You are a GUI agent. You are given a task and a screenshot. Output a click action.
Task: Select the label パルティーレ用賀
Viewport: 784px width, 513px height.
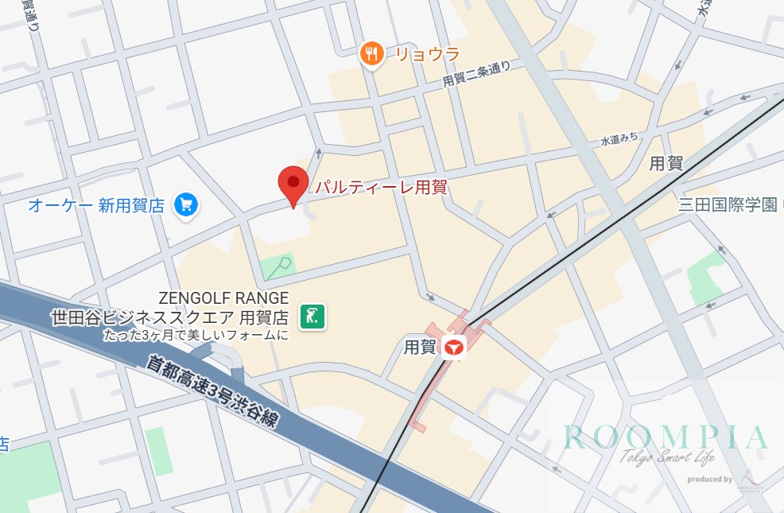[x=381, y=188]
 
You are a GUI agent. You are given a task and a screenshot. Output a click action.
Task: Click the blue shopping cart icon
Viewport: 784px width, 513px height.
[x=187, y=205]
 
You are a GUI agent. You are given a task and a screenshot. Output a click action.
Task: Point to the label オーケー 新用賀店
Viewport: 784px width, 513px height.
[x=96, y=206]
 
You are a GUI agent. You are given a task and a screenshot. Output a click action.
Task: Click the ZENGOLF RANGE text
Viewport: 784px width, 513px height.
[x=223, y=298]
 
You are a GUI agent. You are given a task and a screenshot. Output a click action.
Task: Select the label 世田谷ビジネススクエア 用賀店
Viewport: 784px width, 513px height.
[x=169, y=317]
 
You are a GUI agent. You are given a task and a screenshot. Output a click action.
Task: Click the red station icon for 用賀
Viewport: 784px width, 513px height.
[x=454, y=348]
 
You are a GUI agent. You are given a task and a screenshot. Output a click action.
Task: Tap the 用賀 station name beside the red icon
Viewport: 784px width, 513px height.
[x=421, y=348]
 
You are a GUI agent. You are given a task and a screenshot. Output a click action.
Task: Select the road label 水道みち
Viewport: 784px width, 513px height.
[x=619, y=139]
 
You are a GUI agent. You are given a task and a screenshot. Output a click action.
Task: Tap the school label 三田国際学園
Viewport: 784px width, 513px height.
[x=727, y=204]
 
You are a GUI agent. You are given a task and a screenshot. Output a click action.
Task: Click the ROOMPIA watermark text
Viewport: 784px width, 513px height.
[x=666, y=437]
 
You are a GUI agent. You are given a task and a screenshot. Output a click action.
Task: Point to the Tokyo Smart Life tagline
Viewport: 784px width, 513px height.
[x=666, y=457]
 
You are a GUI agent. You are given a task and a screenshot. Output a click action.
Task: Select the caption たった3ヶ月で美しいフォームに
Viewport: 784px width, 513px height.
[x=195, y=335]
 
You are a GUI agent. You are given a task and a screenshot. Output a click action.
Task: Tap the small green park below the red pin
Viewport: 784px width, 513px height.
[x=278, y=266]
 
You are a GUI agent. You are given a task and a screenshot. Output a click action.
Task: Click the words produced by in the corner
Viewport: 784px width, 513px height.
[x=709, y=479]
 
